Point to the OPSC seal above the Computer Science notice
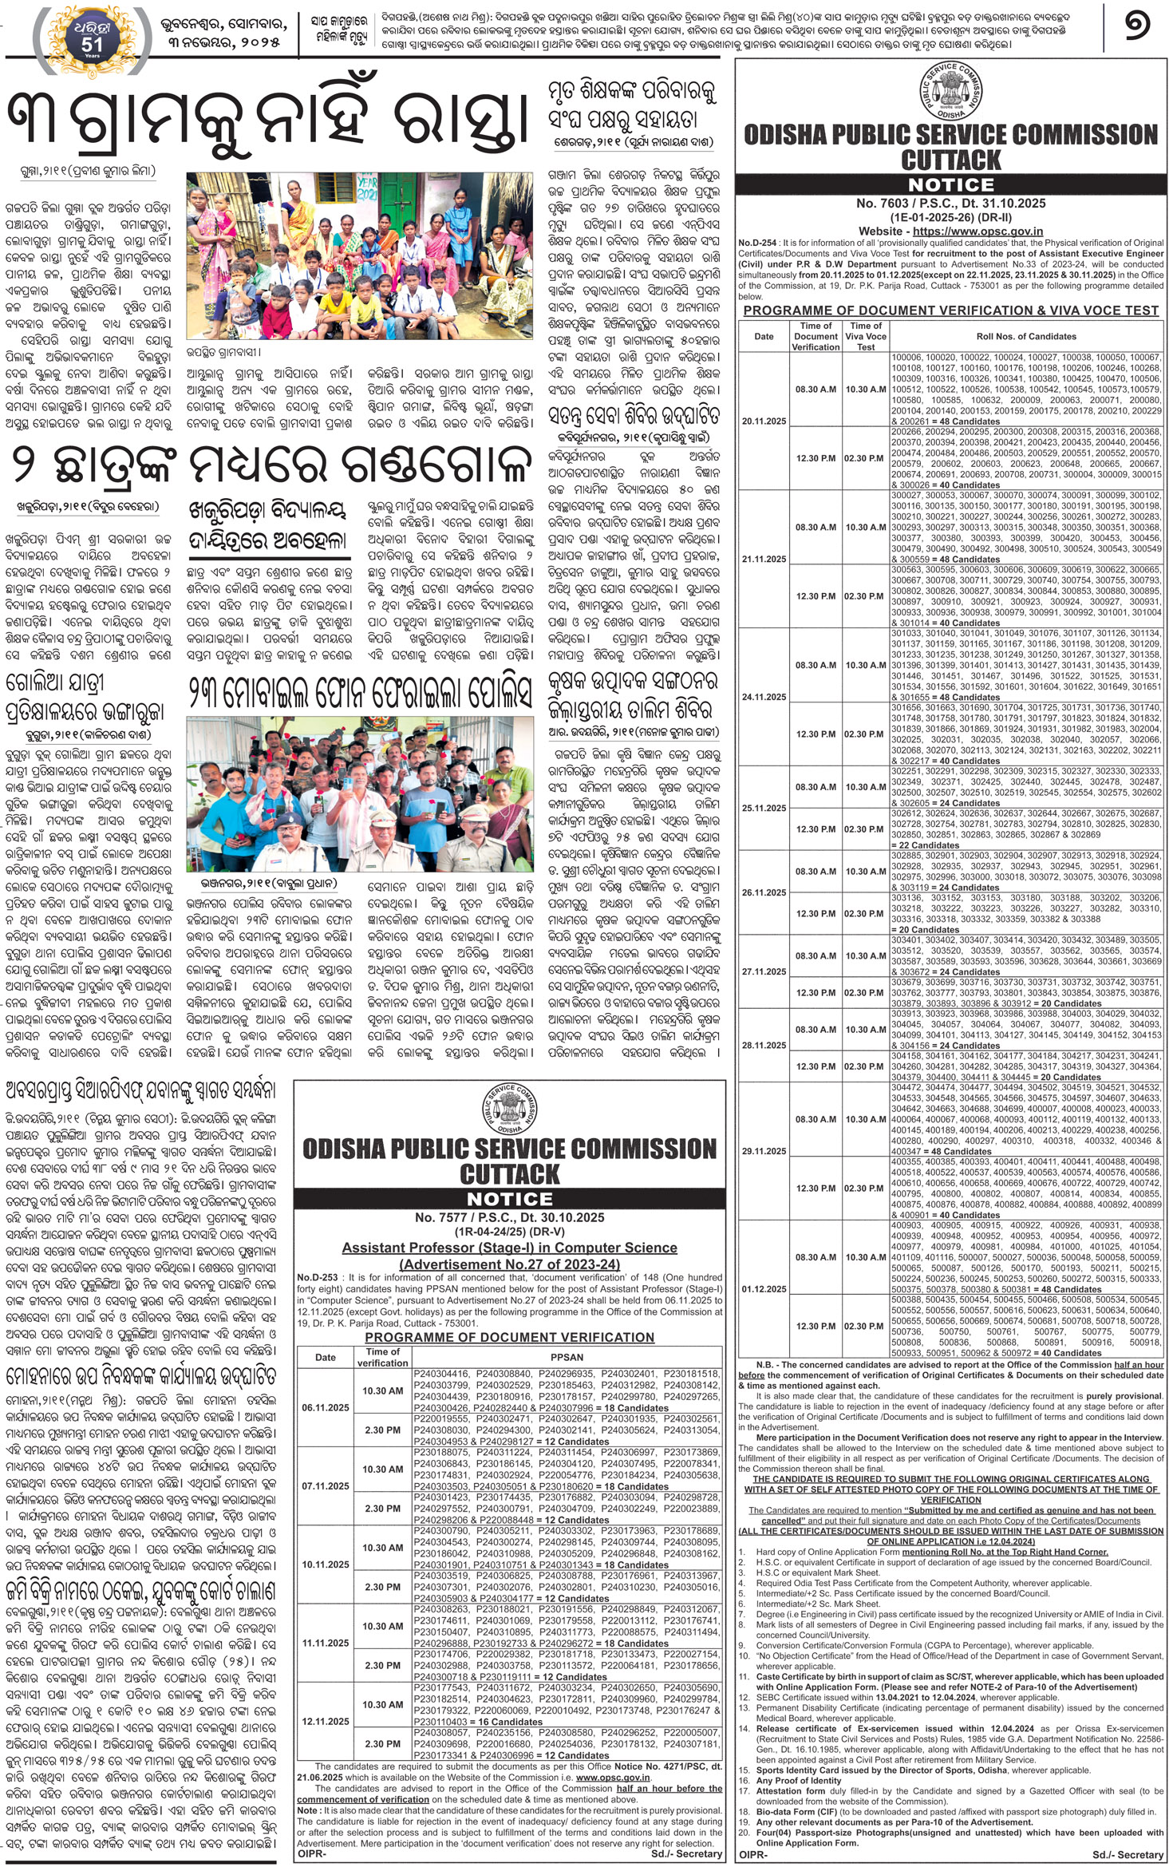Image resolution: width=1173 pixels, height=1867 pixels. [x=510, y=1108]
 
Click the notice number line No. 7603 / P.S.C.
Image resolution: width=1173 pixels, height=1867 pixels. [x=950, y=204]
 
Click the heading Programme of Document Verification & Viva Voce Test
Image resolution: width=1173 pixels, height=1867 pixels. [x=950, y=311]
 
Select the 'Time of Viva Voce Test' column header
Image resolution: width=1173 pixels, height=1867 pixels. [x=866, y=336]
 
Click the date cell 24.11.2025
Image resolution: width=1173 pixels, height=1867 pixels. [x=764, y=697]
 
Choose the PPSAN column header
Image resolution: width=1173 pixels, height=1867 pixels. [x=567, y=1357]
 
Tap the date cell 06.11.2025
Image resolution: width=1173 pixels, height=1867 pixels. [x=326, y=1407]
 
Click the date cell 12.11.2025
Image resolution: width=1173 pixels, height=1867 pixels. [x=326, y=1722]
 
